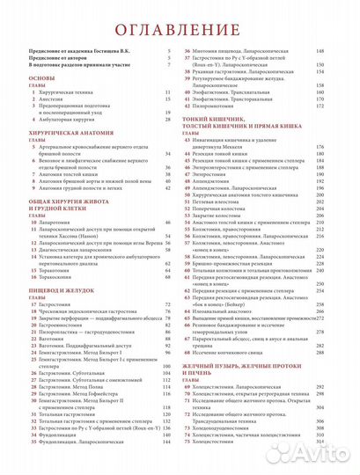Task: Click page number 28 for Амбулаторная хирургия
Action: click(166, 121)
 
